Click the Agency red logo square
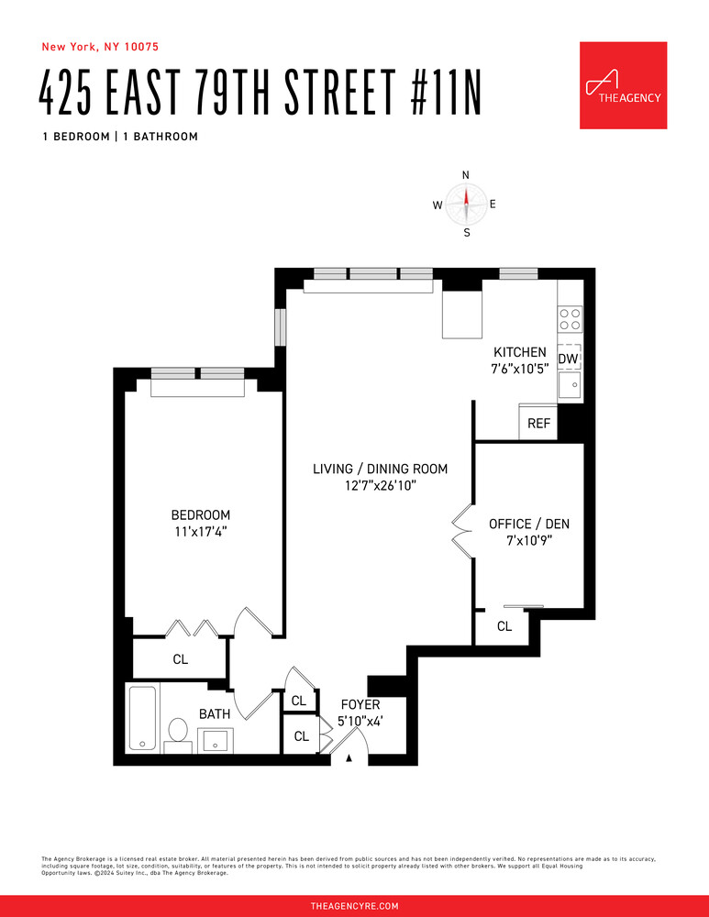click(x=623, y=85)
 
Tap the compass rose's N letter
click(x=466, y=175)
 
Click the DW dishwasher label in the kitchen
click(x=568, y=359)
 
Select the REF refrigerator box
click(x=538, y=422)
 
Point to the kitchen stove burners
click(x=570, y=319)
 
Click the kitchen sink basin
click(x=570, y=385)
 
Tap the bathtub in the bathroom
click(x=143, y=718)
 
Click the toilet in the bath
click(x=178, y=735)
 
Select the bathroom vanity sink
click(x=216, y=741)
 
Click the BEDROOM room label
click(x=201, y=515)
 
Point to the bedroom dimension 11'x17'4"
click(x=201, y=532)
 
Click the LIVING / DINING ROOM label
click(x=381, y=469)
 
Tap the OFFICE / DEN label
click(x=529, y=524)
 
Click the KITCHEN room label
click(x=520, y=352)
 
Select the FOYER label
click(x=360, y=704)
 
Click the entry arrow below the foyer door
click(x=349, y=758)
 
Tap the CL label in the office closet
click(x=504, y=626)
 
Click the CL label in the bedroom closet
click(x=180, y=659)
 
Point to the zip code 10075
click(x=141, y=47)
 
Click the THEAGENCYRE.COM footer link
click(x=354, y=906)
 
